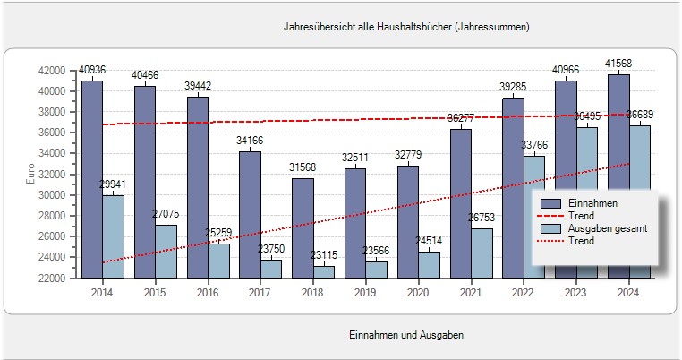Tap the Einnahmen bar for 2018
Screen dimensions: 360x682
pos(303,227)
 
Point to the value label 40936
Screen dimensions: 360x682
pos(92,70)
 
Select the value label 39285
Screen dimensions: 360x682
pos(513,86)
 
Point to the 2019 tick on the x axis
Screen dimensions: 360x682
pos(366,292)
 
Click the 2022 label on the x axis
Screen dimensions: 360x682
pos(524,292)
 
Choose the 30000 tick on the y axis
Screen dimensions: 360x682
pos(52,195)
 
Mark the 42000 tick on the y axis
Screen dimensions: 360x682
pos(52,71)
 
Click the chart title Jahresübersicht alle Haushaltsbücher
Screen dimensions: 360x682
pos(406,27)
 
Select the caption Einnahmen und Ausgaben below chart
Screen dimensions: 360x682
pos(405,334)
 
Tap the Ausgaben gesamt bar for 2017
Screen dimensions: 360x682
pos(271,268)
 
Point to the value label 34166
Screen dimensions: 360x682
pos(250,140)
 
